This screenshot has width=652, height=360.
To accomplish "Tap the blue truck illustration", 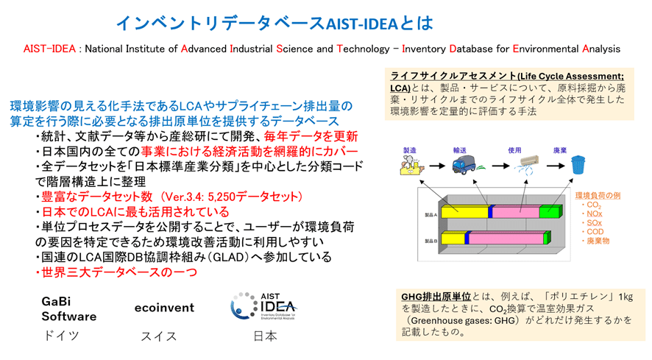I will (x=464, y=166).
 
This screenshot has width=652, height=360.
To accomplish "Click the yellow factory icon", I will (x=409, y=166).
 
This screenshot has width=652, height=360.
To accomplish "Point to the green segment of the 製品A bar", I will (x=550, y=212).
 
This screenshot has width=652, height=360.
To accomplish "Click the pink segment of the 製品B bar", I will (x=506, y=238).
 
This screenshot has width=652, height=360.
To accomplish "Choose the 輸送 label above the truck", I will (x=462, y=149).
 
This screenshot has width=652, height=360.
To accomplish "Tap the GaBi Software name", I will (x=68, y=308).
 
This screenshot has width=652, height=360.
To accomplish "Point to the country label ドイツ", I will (x=60, y=336).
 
